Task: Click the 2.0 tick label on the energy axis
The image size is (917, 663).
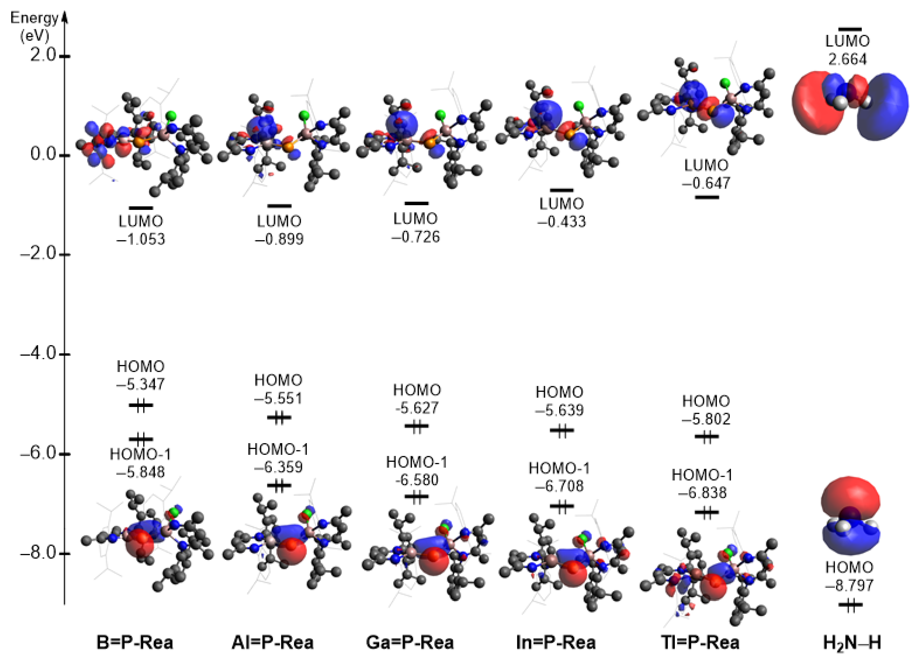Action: tap(43, 55)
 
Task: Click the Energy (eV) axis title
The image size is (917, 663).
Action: tap(34, 27)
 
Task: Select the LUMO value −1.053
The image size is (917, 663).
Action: tap(141, 239)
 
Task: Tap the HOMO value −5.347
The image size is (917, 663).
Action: tap(140, 384)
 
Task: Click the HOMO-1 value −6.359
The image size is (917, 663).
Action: tap(278, 467)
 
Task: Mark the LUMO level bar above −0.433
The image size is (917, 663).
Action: tap(561, 190)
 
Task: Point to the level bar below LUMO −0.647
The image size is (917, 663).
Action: tap(707, 197)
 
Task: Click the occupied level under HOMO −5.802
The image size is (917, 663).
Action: tap(707, 437)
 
